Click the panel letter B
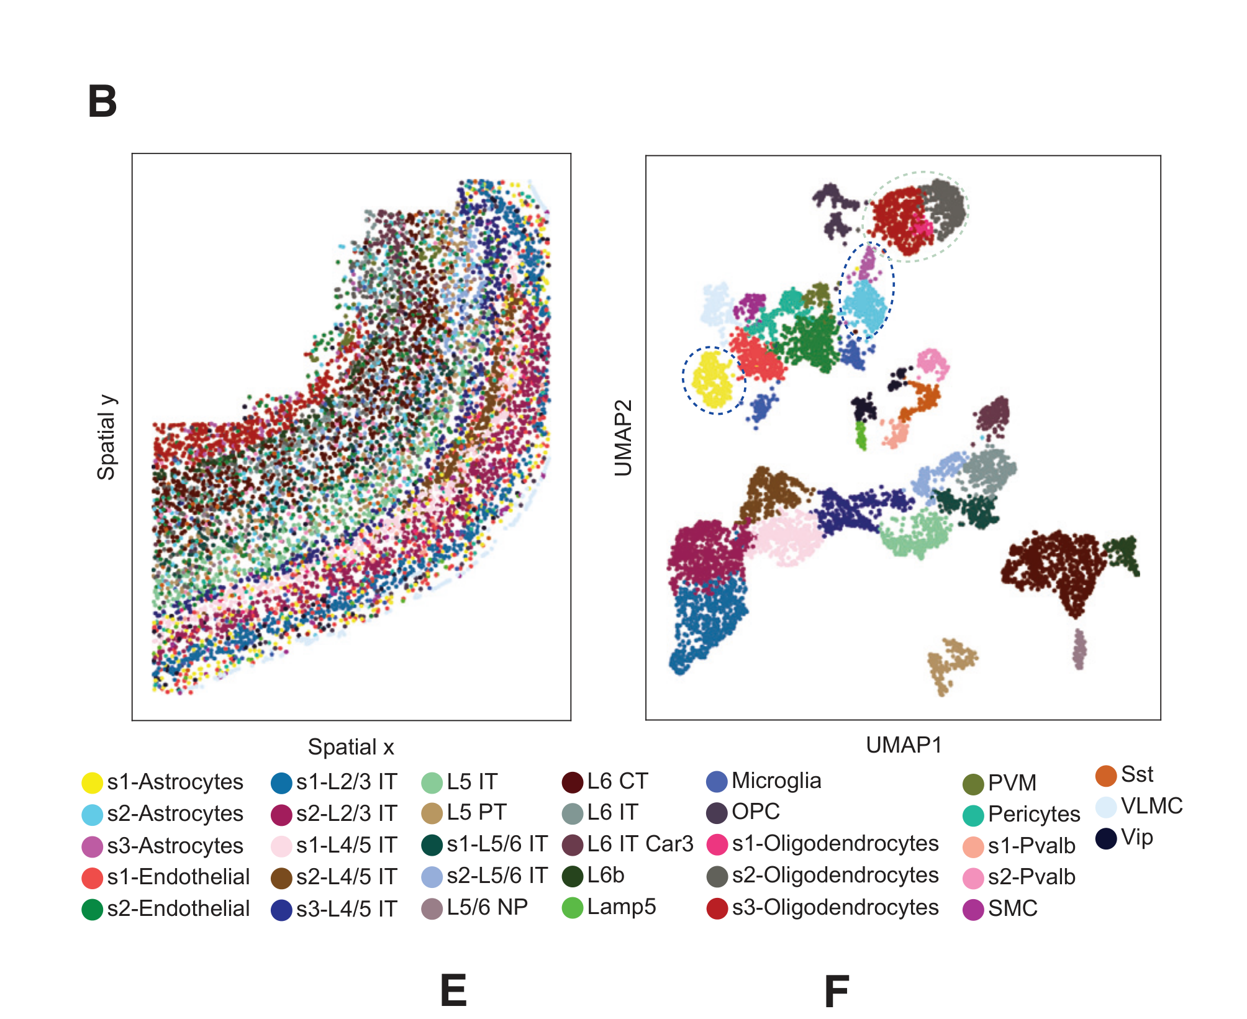tap(102, 101)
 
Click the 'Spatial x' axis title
tap(351, 747)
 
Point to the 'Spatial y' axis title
tap(106, 437)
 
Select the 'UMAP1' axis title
tap(904, 745)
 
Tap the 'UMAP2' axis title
tap(623, 438)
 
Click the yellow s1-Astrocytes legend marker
tap(92, 782)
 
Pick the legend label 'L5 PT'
tap(476, 812)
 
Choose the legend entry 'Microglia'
tap(776, 781)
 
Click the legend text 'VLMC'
tap(1151, 806)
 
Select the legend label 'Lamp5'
tap(621, 907)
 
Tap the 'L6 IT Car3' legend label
tap(640, 844)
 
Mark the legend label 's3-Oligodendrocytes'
tap(835, 907)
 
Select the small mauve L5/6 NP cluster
tap(1079, 650)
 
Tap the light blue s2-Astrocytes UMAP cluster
tap(866, 306)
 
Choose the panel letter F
tap(837, 991)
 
